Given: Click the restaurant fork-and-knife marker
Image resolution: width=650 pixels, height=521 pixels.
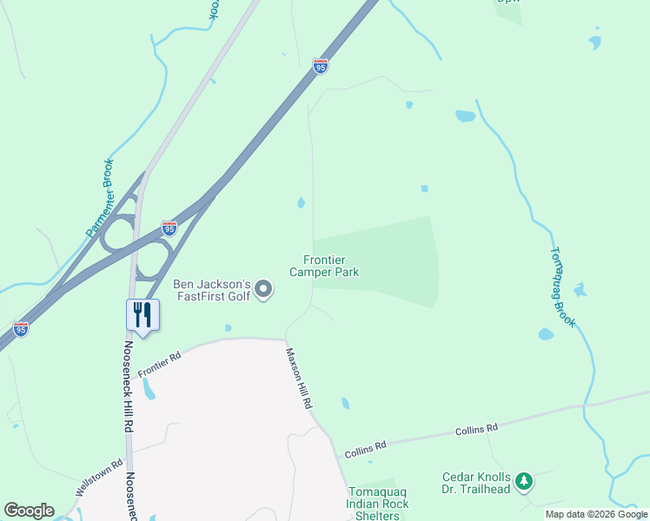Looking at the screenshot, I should [143, 314].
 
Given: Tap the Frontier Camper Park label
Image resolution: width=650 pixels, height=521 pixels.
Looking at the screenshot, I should [331, 266].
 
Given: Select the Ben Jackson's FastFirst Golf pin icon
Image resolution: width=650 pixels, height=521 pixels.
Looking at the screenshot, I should [266, 290].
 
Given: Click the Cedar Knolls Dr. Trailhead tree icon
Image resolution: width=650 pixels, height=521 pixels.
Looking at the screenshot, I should [523, 480].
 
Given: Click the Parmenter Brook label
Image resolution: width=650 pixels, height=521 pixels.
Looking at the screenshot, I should [100, 197].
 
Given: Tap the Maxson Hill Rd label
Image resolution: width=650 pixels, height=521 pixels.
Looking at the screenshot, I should [300, 379].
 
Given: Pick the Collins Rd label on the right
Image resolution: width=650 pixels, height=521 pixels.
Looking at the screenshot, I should [480, 428].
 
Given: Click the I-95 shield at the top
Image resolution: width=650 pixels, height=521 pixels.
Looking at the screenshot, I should [321, 65].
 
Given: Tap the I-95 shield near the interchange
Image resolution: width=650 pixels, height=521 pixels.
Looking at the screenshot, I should [169, 228].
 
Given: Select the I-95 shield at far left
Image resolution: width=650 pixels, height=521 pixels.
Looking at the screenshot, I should [21, 329].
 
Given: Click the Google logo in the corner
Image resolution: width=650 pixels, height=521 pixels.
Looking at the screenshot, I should [30, 511].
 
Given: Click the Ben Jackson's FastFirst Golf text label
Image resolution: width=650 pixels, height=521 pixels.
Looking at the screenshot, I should [212, 290].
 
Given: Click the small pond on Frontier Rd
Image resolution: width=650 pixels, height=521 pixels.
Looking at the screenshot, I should [148, 391].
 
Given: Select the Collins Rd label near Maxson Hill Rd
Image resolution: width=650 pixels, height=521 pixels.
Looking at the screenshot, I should [364, 450].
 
